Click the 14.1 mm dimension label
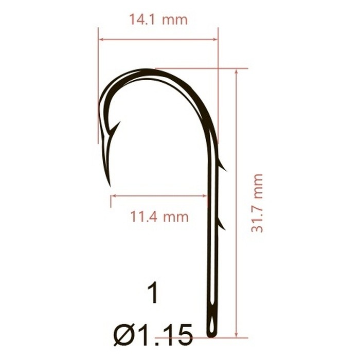click(158, 20)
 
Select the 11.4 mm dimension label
click(159, 217)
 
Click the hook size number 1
click(152, 295)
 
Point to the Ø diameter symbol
click(125, 335)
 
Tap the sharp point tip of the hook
click(110, 185)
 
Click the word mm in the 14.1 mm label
click(175, 20)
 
